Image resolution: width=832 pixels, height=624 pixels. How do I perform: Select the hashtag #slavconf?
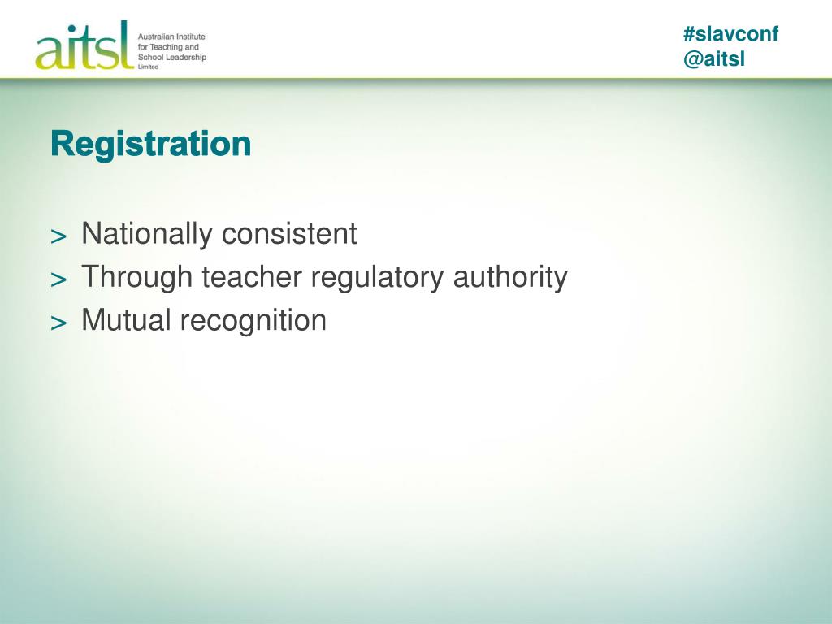730,34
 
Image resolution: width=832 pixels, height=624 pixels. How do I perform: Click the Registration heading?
150,145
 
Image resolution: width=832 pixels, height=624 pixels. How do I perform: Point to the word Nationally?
146,235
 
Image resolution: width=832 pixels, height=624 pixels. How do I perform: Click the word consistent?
289,235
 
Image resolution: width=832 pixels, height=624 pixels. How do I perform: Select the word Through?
136,278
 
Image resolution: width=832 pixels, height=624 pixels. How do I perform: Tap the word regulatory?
379,278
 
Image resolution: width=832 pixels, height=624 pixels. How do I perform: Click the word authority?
510,278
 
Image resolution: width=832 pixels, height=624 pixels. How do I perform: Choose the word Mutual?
127,321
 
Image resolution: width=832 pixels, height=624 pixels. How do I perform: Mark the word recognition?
253,321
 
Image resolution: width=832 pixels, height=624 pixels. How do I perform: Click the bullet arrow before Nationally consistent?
58,236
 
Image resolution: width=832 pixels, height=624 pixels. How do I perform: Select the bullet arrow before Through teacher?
58,279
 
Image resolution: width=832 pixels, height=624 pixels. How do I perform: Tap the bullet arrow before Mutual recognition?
58,323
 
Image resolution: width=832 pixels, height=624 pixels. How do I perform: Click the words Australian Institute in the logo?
171,37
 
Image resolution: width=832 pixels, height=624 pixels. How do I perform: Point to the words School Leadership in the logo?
172,57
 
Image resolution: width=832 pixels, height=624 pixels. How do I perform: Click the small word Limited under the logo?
148,67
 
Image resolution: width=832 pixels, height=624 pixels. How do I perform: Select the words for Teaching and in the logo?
168,47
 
